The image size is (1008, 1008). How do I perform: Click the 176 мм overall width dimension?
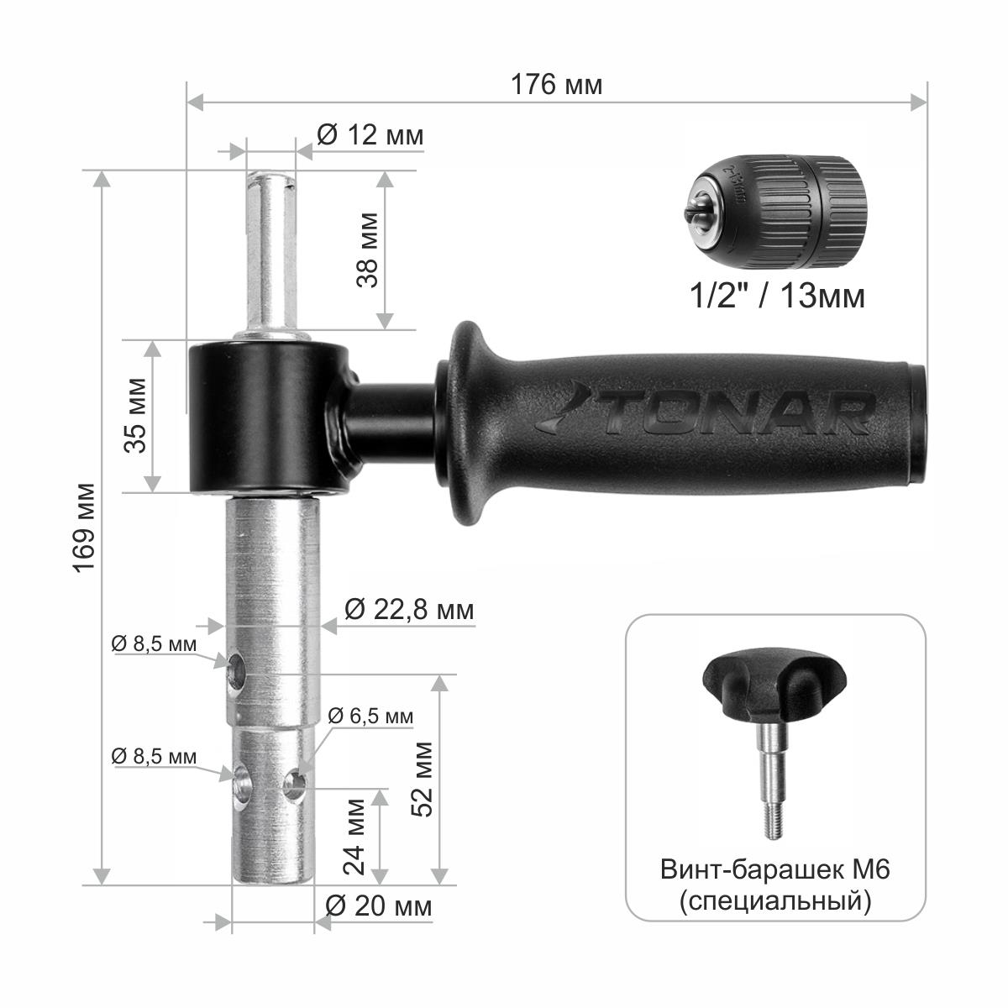coord(556,85)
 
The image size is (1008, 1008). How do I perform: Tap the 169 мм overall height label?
coord(85,528)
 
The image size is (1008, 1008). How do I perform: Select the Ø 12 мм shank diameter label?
coord(370,135)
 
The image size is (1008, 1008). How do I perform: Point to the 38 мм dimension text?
coord(367,250)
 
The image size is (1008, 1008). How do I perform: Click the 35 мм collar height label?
coord(135,415)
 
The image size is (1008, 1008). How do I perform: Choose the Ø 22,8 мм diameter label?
coord(409,610)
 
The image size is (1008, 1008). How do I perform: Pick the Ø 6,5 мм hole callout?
coord(370,717)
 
